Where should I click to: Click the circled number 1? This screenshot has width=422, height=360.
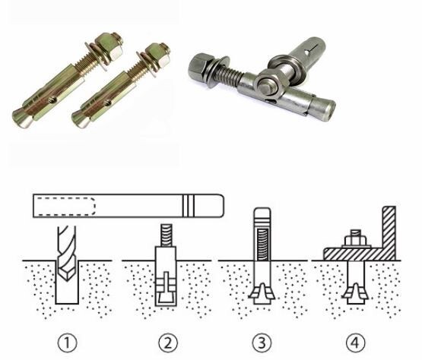tap(67, 343)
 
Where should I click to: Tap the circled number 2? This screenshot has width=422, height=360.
tap(168, 343)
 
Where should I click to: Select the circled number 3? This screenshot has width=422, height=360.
tap(262, 343)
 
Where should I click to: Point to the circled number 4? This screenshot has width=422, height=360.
tap(356, 343)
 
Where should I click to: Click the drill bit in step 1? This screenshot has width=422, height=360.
tap(67, 253)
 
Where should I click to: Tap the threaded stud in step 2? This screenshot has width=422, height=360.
tap(167, 235)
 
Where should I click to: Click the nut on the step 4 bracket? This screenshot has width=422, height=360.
tap(356, 239)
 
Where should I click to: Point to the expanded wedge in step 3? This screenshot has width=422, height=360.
tap(262, 292)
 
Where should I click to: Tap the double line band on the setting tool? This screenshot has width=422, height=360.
tap(189, 206)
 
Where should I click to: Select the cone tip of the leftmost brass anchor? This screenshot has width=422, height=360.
tap(22, 118)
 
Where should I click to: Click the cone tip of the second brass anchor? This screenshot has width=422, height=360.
tap(81, 120)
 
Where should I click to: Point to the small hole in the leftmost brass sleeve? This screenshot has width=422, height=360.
tap(51, 100)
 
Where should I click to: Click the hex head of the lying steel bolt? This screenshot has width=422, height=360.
tap(199, 67)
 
